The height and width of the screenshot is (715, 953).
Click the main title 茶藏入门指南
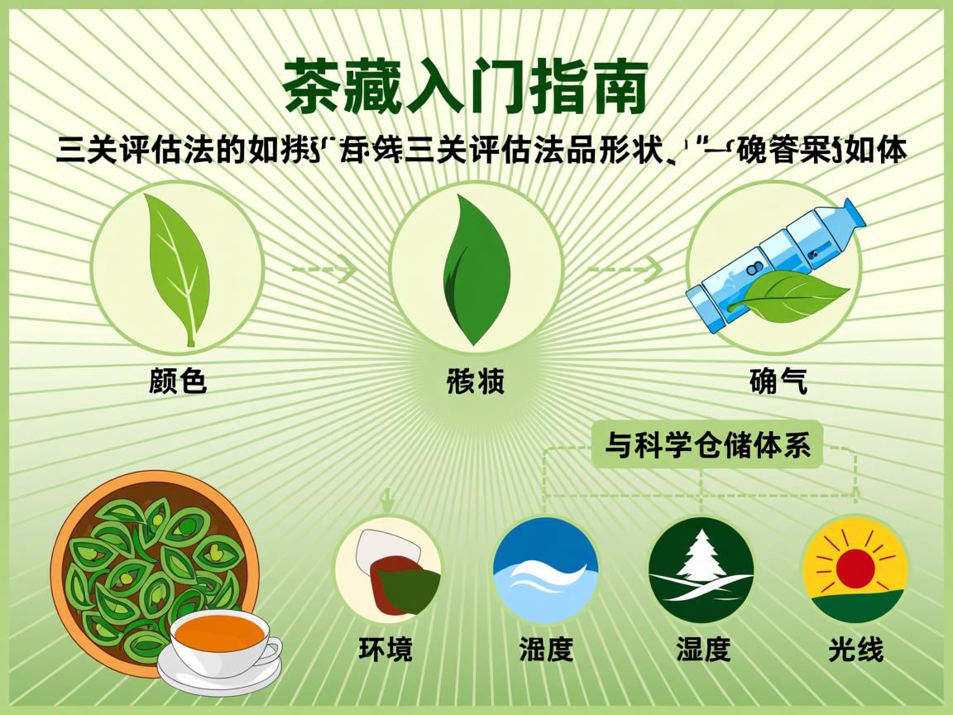pos(464,86)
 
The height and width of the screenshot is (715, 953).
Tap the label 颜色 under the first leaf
pos(177,381)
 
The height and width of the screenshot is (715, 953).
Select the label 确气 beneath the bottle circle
pos(777,381)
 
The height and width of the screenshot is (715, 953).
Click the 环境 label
pos(385,648)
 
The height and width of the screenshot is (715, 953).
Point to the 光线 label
pos(855,648)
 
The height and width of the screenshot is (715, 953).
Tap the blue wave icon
pos(545,570)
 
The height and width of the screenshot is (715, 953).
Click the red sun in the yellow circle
pos(855,569)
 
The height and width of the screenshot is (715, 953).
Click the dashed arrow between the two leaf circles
pos(325,270)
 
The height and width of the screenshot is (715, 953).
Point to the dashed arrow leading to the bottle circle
pos(625,269)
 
